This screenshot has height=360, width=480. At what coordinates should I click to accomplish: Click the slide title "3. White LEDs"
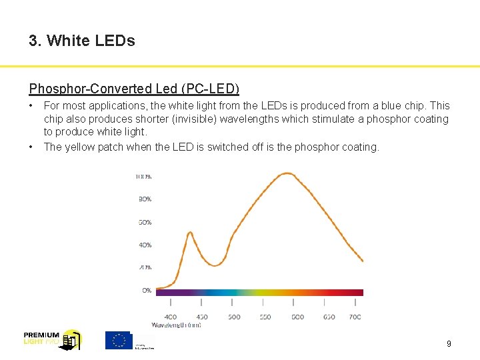click(x=82, y=41)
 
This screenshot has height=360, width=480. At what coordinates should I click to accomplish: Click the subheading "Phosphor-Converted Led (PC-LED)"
click(x=134, y=89)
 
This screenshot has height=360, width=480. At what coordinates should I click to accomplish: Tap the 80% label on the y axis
click(x=145, y=199)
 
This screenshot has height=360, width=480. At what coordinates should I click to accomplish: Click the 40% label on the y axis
click(x=145, y=245)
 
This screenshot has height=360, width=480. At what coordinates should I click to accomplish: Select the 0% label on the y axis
click(x=146, y=291)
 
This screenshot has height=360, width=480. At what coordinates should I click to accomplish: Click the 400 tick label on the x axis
click(x=171, y=317)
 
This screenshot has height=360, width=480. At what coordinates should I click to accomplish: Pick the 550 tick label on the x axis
click(x=265, y=317)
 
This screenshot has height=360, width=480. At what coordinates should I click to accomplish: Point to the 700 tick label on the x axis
click(x=355, y=317)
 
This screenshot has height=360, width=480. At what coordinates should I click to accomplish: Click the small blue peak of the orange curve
click(x=190, y=233)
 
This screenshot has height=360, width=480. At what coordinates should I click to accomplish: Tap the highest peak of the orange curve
click(x=287, y=173)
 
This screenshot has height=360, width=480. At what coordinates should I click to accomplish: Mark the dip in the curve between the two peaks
click(x=215, y=265)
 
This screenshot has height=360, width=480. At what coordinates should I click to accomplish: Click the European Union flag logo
click(x=119, y=340)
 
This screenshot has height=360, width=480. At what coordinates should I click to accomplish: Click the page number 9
click(x=449, y=344)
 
